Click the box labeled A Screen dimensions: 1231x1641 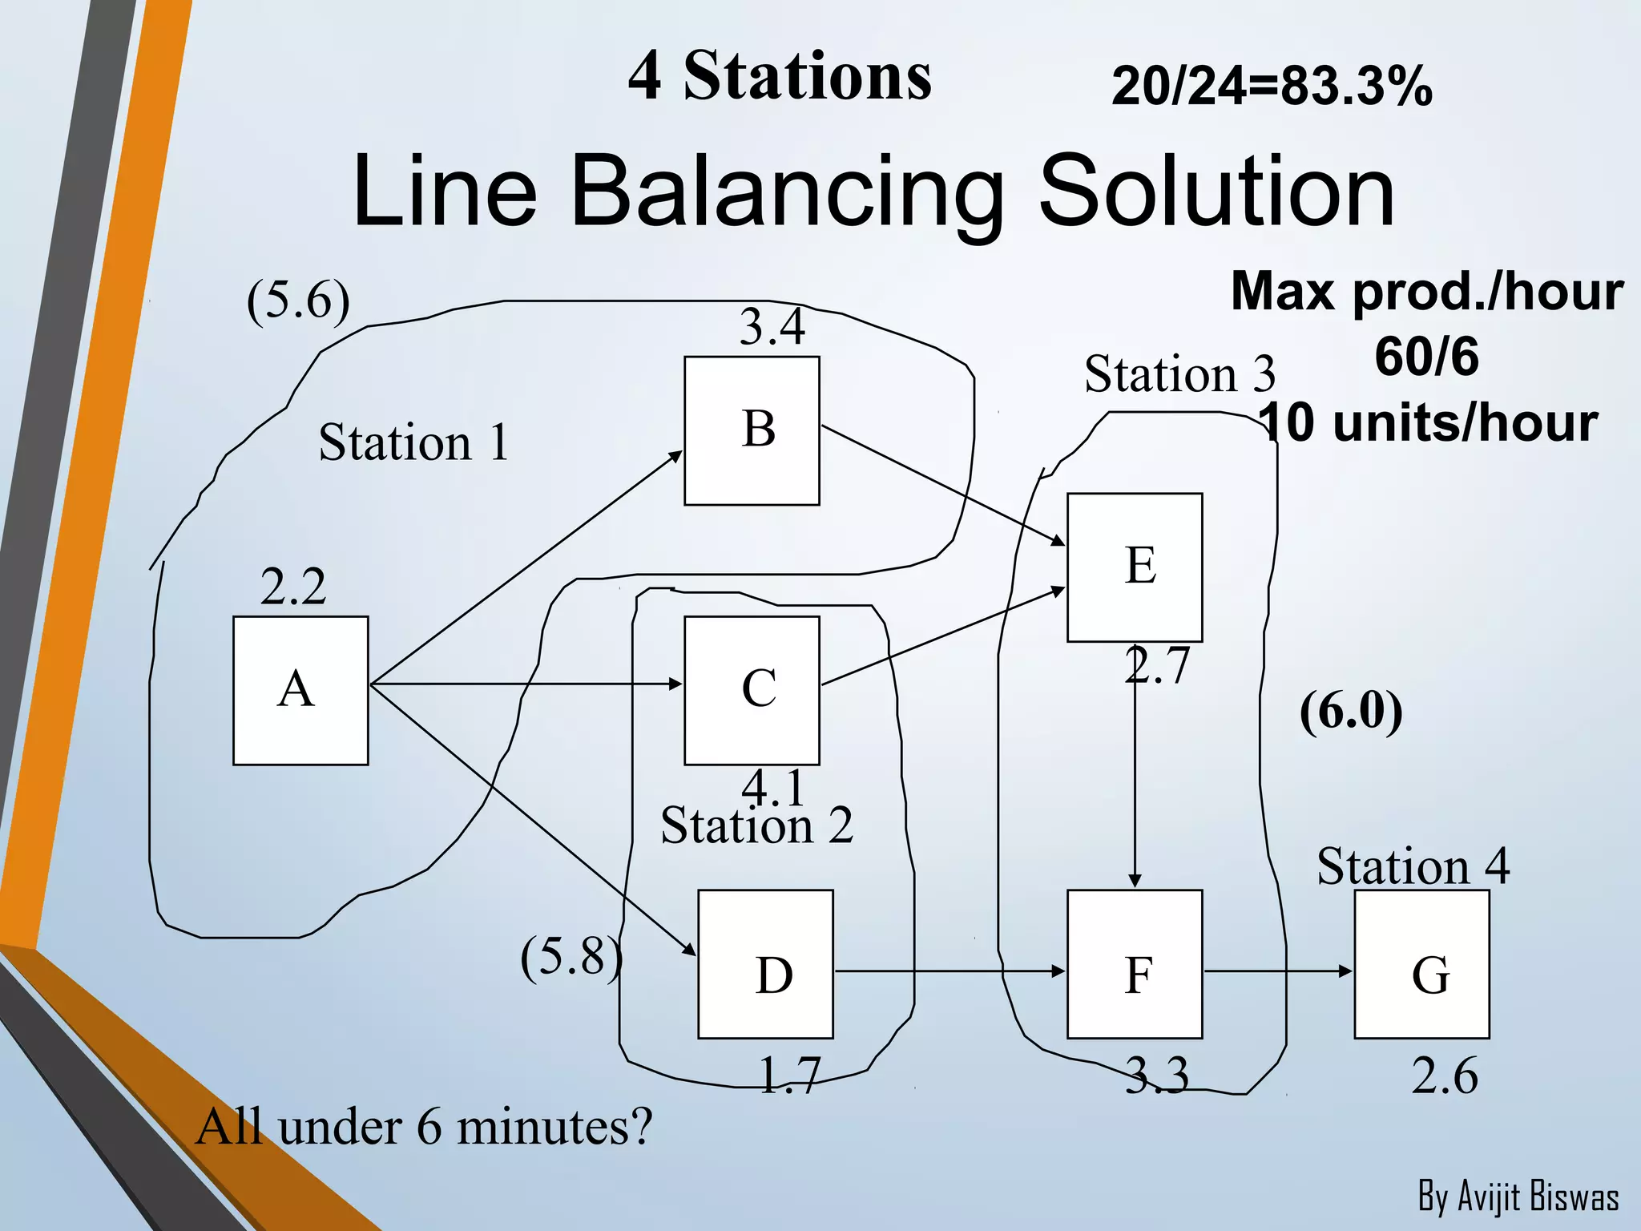tap(300, 690)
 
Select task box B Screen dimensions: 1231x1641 tap(752, 430)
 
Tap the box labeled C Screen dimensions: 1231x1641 tap(752, 690)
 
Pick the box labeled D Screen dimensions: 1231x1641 tap(765, 963)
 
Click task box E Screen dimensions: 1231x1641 tap(1135, 567)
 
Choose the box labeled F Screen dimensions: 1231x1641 tap(1135, 963)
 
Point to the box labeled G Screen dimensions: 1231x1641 tap(1421, 963)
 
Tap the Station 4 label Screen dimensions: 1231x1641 tap(1413, 866)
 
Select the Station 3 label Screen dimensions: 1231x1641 tap(1179, 374)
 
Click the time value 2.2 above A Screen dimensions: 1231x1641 tap(293, 587)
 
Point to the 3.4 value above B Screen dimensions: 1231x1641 tap(772, 327)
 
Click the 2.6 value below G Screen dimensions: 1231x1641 tap(1444, 1076)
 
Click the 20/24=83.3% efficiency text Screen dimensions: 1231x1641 tap(1272, 86)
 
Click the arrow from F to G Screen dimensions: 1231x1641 tap(1277, 971)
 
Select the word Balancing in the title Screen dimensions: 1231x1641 tap(787, 192)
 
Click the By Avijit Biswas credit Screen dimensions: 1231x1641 tap(1518, 1197)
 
